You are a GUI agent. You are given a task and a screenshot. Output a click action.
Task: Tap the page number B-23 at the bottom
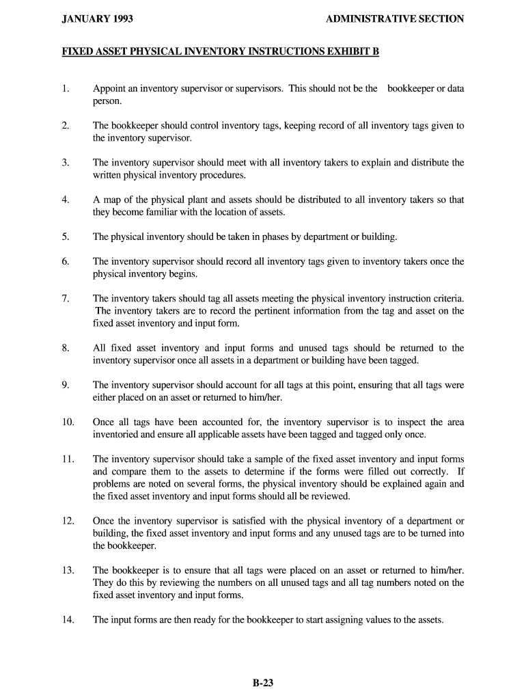pos(262,682)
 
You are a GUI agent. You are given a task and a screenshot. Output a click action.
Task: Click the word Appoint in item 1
pos(109,89)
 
